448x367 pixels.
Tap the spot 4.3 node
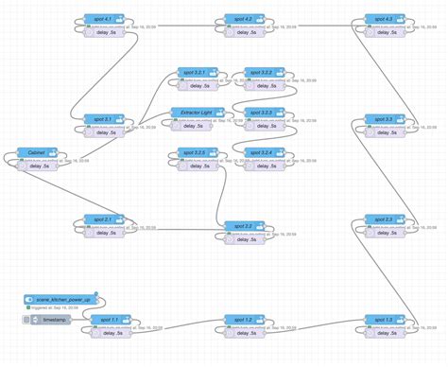click(x=386, y=19)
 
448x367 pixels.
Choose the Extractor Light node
click(x=197, y=113)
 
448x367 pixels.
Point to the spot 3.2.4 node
click(x=265, y=153)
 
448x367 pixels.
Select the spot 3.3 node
click(x=386, y=119)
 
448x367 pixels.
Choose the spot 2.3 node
click(x=386, y=219)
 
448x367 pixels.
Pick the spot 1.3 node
click(x=386, y=320)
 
